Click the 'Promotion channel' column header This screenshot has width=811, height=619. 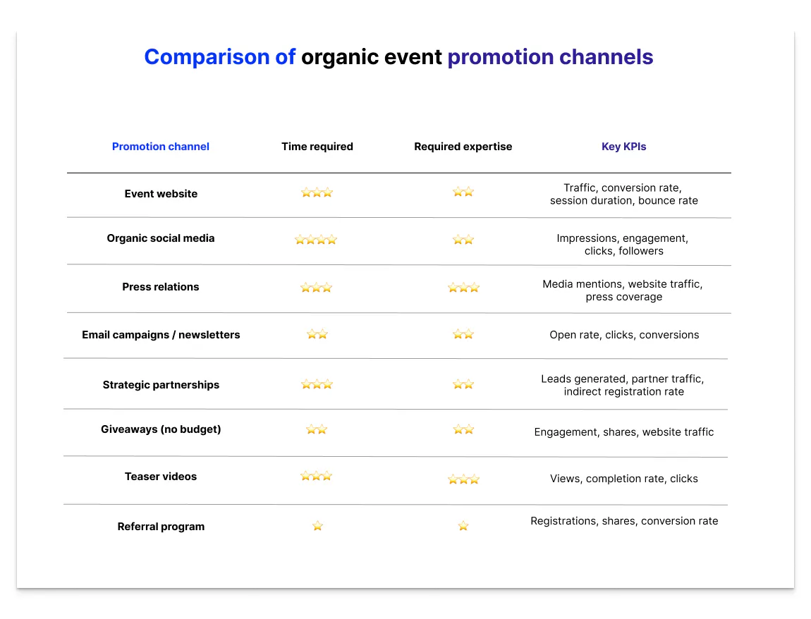(x=161, y=147)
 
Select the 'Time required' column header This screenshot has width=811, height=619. (x=317, y=147)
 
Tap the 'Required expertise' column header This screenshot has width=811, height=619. (x=463, y=147)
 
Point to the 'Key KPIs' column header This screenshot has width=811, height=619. (x=623, y=147)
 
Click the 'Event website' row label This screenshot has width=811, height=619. (x=161, y=194)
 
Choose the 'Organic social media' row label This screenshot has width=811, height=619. (x=161, y=238)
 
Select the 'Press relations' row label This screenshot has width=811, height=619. (x=161, y=287)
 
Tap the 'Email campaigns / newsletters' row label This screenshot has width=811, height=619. (x=161, y=335)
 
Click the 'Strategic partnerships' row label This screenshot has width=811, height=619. (x=161, y=385)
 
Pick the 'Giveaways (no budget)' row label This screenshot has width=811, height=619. (x=161, y=429)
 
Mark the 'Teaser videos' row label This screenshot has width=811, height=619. (x=161, y=477)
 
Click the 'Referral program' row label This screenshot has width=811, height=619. (x=161, y=527)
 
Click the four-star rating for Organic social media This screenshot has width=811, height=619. (x=316, y=240)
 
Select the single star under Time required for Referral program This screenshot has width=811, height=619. (x=317, y=526)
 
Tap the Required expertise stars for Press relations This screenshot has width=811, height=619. (x=463, y=288)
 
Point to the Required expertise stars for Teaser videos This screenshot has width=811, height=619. (x=463, y=479)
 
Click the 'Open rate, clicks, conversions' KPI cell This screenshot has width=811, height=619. (x=624, y=335)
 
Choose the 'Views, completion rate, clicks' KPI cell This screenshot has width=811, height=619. (x=624, y=479)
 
